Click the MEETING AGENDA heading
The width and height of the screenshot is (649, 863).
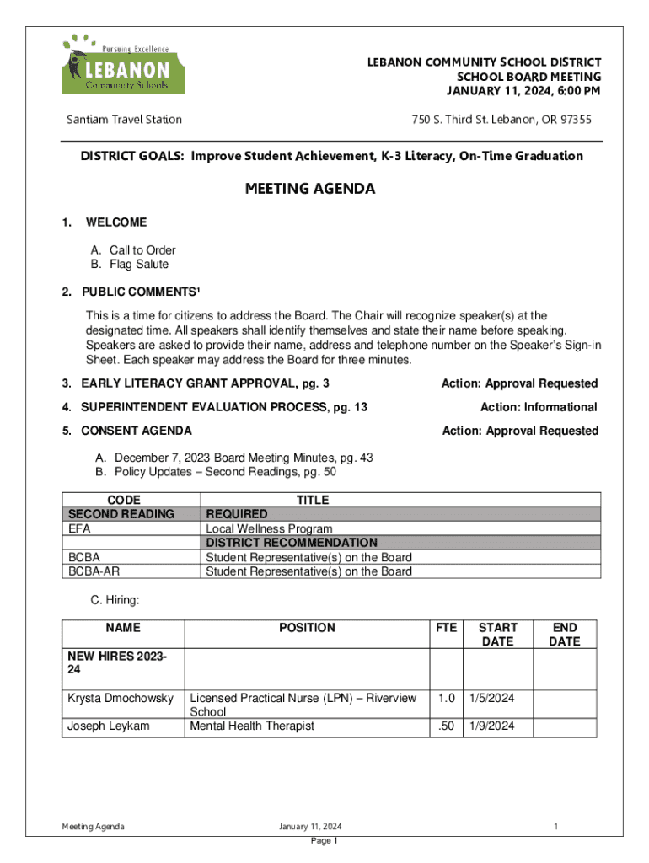click(x=310, y=190)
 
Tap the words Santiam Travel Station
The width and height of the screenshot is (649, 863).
click(x=125, y=120)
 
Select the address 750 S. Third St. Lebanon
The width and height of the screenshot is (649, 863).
click(x=501, y=120)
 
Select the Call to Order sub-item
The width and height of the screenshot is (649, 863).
click(x=133, y=250)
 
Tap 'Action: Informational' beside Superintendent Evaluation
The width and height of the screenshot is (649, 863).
click(x=539, y=407)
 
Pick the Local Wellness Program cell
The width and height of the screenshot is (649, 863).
click(x=269, y=528)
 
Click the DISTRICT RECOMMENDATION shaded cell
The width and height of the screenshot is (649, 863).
click(x=292, y=543)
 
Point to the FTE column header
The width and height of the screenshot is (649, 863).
click(x=446, y=628)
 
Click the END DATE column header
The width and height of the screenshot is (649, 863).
click(x=564, y=635)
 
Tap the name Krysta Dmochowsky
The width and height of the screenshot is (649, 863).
click(x=121, y=699)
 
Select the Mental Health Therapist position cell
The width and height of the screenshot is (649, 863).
click(x=252, y=726)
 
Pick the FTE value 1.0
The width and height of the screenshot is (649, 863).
click(x=446, y=699)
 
